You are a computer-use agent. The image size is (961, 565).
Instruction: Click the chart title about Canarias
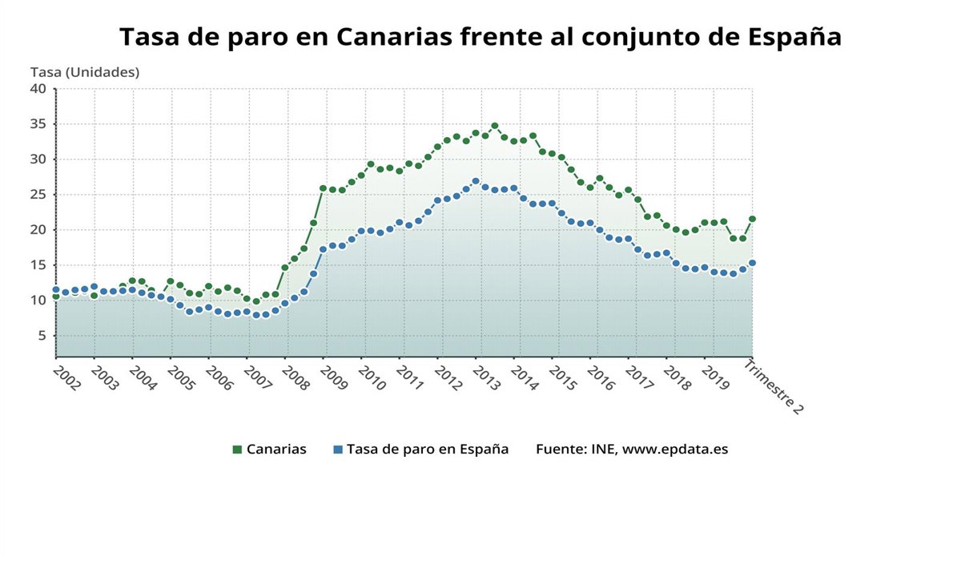click(x=480, y=37)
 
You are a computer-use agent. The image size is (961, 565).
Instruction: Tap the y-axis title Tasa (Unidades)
click(x=85, y=72)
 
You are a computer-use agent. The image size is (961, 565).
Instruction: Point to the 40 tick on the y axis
click(x=38, y=88)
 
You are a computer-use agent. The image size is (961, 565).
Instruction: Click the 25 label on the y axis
click(x=38, y=194)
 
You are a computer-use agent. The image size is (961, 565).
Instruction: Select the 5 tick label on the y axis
click(x=42, y=335)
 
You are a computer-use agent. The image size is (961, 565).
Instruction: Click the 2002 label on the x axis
click(x=66, y=378)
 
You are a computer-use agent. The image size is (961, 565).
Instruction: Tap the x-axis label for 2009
click(x=334, y=378)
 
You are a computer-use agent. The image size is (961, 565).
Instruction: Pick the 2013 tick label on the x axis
click(x=487, y=378)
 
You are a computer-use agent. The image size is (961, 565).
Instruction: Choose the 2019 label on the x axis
click(x=716, y=378)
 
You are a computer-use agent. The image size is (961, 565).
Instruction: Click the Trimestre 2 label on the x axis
click(x=774, y=386)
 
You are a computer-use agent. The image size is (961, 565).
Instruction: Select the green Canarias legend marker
click(x=237, y=450)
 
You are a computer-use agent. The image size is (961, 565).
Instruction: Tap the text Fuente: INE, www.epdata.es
click(x=632, y=449)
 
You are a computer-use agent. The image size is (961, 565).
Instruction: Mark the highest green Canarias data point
click(x=495, y=126)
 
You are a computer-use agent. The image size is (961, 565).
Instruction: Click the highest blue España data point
click(x=476, y=181)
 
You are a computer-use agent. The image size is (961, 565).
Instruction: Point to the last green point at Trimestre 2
click(x=752, y=219)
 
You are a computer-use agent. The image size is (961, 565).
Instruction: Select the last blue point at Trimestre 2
click(x=752, y=263)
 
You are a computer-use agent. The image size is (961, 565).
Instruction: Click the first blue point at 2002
click(x=56, y=289)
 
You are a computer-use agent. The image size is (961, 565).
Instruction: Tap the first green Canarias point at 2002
click(x=56, y=297)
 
